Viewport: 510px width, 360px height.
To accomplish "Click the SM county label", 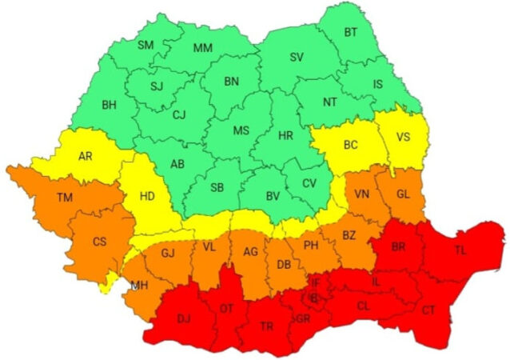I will click(145, 45).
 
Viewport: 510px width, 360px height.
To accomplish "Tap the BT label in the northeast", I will click(351, 32).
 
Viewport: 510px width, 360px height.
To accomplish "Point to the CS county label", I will click(100, 241).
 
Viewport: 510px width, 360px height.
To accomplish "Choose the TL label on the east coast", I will click(461, 250).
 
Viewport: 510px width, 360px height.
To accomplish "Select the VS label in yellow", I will click(404, 136).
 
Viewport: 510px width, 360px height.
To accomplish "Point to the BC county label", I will click(350, 146).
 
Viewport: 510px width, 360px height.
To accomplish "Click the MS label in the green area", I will click(241, 130).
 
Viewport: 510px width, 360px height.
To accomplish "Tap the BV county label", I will click(272, 195).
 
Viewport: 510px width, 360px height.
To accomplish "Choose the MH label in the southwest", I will click(139, 286).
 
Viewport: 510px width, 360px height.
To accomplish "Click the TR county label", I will click(267, 326).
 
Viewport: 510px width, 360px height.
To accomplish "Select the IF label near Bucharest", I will click(315, 282).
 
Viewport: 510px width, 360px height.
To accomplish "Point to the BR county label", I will click(399, 247).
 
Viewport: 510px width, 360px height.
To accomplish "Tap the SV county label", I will click(297, 58).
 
